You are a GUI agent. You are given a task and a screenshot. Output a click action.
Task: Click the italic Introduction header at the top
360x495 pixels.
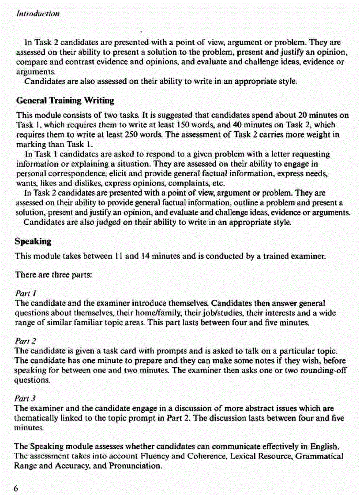pos(37,13)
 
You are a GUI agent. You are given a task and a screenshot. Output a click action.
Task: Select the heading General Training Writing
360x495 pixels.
pos(64,101)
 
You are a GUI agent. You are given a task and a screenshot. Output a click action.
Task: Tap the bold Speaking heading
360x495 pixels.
pos(33,242)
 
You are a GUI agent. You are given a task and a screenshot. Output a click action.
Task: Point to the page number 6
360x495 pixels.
pos(16,488)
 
